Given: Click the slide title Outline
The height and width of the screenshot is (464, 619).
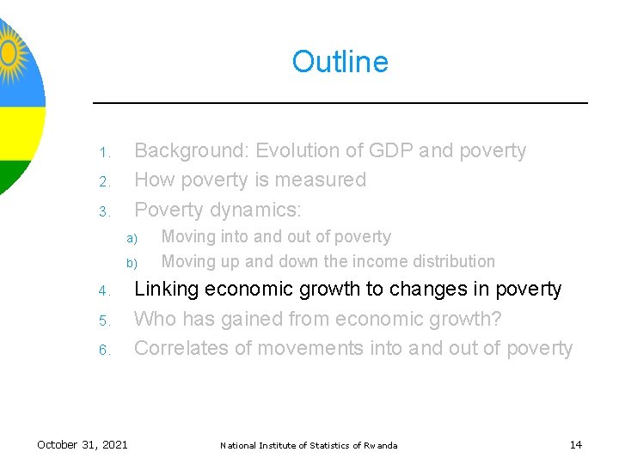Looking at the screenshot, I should pos(340,62).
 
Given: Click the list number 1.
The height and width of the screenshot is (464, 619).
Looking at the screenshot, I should pos(101,154).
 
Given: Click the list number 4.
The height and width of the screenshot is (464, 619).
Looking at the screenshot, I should pos(101,292).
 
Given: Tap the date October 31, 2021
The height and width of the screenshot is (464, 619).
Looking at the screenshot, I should pos(83,444).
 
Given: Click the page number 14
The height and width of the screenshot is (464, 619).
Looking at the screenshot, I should pos(575,444).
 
